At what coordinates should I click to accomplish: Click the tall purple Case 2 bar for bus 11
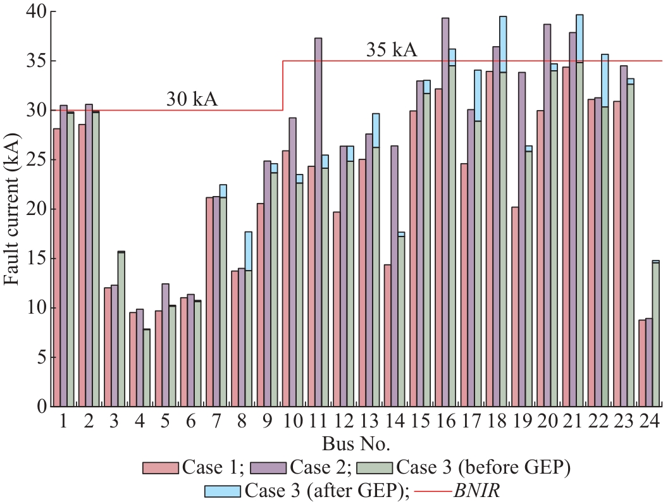pos(318,221)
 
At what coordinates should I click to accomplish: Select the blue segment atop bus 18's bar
pos(503,44)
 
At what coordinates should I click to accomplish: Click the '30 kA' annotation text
pos(192,99)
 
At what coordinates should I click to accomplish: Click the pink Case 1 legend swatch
pos(161,467)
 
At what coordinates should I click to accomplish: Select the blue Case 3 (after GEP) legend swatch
pos(223,490)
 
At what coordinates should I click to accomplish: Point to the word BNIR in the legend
pos(475,490)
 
